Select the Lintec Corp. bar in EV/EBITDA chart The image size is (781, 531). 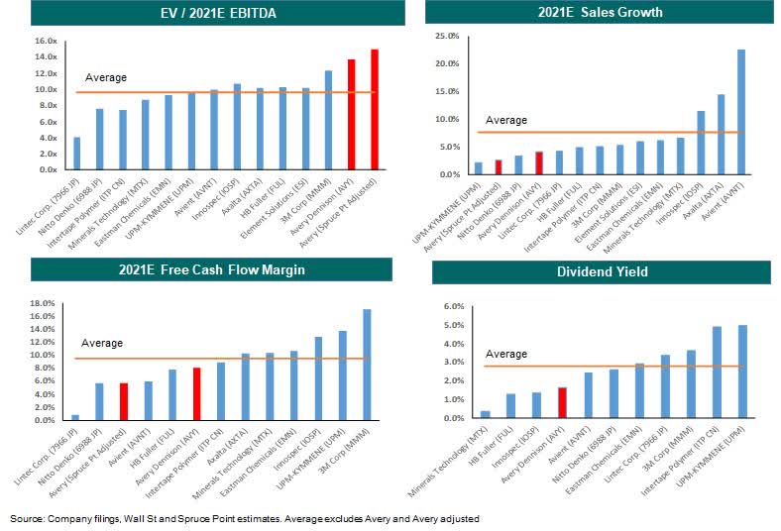pyautogui.click(x=76, y=153)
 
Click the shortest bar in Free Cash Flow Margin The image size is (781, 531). pyautogui.click(x=76, y=417)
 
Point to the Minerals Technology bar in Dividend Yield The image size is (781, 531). pyautogui.click(x=485, y=414)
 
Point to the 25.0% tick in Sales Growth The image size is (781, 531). pyautogui.click(x=445, y=36)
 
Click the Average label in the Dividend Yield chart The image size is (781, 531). pyautogui.click(x=505, y=354)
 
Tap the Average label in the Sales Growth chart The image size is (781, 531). pyautogui.click(x=505, y=120)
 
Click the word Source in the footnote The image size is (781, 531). pyautogui.click(x=24, y=518)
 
